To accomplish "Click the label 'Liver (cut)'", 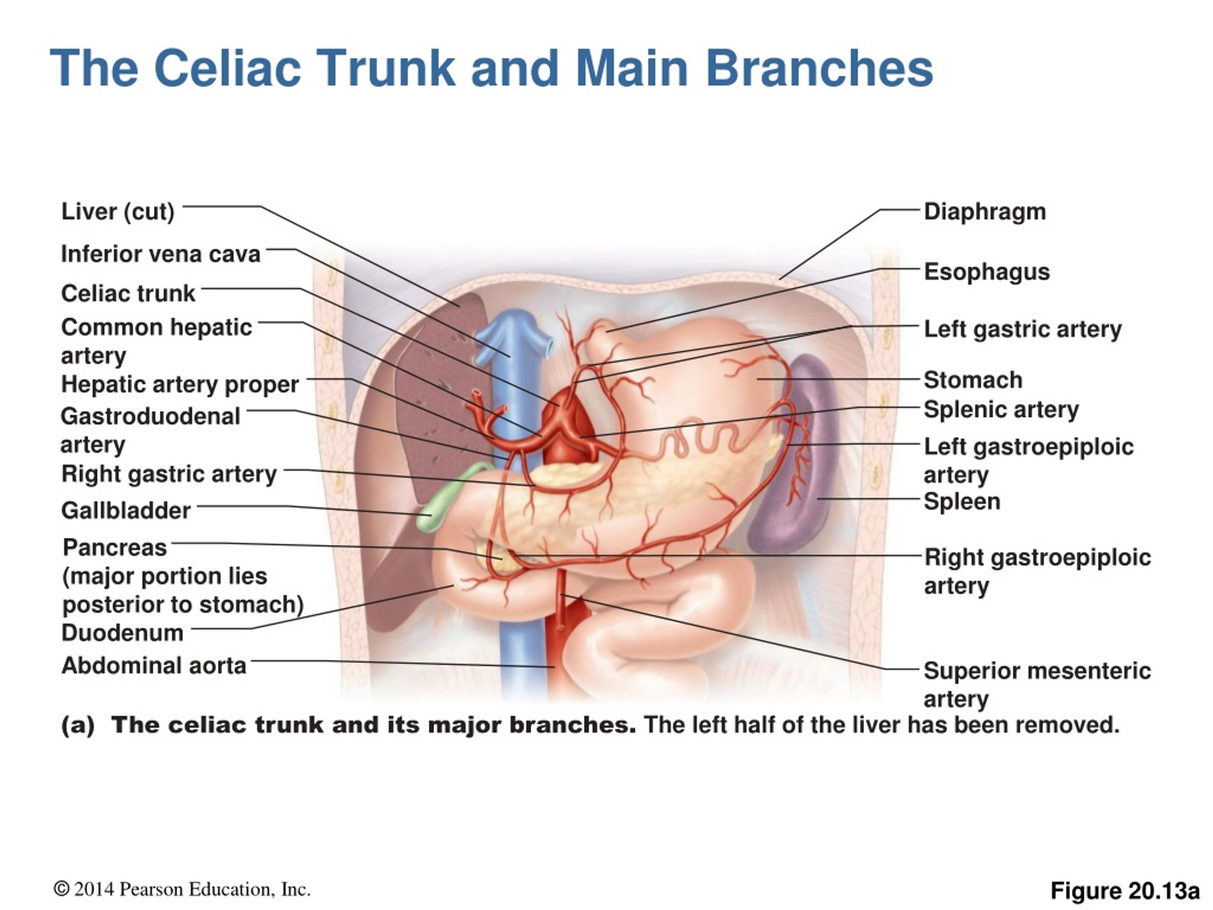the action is pos(118,212).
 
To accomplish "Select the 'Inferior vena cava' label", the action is pos(161,254).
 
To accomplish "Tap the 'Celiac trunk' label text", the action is pos(128,293).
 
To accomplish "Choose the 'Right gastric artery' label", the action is pos(169,474).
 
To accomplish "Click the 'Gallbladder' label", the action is pos(126,510).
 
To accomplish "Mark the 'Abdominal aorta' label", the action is pos(154,665).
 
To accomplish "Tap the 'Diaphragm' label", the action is pos(985,212).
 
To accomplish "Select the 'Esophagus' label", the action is pos(987,272).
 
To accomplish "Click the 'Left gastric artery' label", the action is pos(1023,329).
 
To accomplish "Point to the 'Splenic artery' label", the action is pos(1001,410).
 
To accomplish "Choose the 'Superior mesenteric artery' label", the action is pos(1037,684).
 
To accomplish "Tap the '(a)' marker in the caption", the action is pos(78,725).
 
